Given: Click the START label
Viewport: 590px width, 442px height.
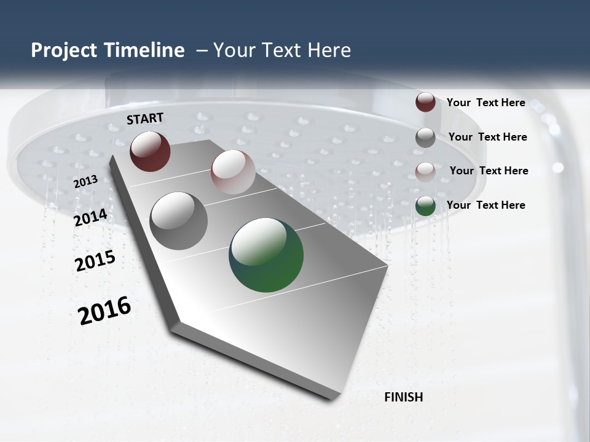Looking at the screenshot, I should [x=145, y=118].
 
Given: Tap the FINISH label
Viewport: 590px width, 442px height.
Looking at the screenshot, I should [x=404, y=397].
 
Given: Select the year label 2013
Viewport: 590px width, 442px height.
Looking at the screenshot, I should [x=85, y=182].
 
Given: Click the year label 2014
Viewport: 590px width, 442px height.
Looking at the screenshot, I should [x=90, y=217].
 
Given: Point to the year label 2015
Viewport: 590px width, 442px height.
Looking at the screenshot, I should [x=95, y=261].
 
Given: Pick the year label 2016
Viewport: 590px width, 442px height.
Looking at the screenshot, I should [x=104, y=310].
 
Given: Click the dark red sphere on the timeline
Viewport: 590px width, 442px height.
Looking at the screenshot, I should [x=150, y=151].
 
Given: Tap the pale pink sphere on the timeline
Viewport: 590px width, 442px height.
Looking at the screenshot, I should [x=233, y=172].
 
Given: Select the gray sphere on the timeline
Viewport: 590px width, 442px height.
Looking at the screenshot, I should [x=178, y=221].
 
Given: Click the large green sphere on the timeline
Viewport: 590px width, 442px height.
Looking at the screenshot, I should [x=266, y=255].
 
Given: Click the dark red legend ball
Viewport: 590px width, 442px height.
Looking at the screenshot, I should [x=425, y=102].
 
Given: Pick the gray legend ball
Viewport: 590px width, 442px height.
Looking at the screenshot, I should [x=425, y=138].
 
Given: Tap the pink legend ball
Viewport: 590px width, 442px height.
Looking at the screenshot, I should [x=425, y=171].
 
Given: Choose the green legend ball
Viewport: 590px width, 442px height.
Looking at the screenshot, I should [x=425, y=206].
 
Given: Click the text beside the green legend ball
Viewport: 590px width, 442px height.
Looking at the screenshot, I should [x=486, y=205].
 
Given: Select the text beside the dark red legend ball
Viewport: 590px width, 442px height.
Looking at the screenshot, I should [x=486, y=103].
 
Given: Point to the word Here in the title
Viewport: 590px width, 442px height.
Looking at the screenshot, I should [x=329, y=50].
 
